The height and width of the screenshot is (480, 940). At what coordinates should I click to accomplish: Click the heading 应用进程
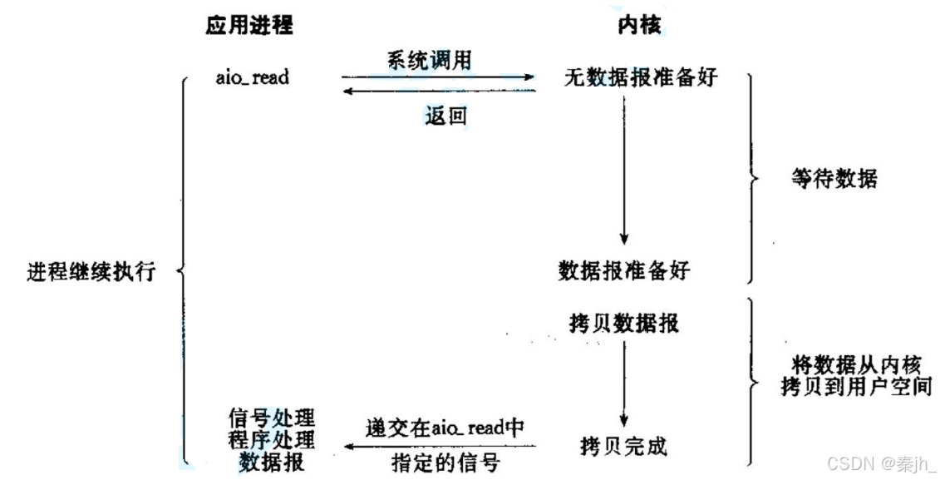[249, 26]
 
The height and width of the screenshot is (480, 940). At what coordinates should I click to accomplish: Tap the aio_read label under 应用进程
[252, 77]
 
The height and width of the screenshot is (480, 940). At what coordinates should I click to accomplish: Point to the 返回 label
[445, 116]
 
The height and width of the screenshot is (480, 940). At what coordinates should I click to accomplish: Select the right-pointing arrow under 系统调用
[438, 78]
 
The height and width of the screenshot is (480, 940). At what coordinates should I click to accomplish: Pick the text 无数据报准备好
[640, 79]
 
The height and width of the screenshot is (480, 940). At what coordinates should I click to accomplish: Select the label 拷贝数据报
[624, 321]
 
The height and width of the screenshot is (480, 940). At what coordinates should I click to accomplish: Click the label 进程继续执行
[91, 271]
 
